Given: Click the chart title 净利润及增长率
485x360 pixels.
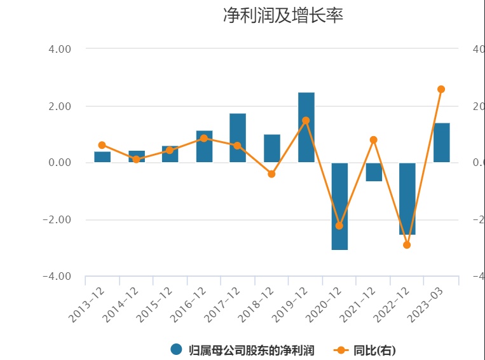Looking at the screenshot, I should tap(283, 16).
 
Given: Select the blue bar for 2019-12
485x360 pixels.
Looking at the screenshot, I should tap(306, 127).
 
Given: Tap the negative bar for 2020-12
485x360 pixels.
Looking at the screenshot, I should tap(339, 206).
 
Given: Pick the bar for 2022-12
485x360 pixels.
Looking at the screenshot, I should tap(407, 198).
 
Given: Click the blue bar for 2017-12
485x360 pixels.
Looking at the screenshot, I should tap(238, 137).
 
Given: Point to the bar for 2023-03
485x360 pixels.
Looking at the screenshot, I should tap(442, 142).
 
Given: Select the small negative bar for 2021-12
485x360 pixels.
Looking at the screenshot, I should tap(374, 172).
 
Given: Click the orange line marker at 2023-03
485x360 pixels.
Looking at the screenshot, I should tap(441, 89).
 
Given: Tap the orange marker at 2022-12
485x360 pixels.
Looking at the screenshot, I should tap(407, 245).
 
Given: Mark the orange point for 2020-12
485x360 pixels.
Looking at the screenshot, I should tap(339, 226).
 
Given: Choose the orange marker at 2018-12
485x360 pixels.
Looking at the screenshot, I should tap(271, 174).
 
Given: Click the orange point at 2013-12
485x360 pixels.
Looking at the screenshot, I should tap(102, 145).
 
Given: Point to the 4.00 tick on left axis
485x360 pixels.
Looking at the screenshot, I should tap(59, 49).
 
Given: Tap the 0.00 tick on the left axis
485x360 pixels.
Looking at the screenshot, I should tap(59, 163).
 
